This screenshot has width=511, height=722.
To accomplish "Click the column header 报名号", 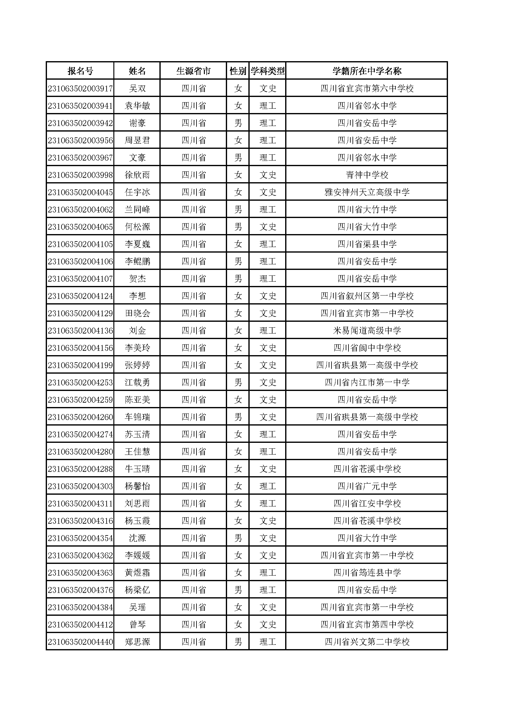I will pyautogui.click(x=80, y=71).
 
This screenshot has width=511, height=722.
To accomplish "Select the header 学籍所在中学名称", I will pyautogui.click(x=367, y=71).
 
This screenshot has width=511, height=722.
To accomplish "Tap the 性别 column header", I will pyautogui.click(x=238, y=71).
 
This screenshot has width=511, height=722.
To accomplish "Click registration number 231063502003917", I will pyautogui.click(x=80, y=88).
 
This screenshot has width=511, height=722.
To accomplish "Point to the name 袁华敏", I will pyautogui.click(x=137, y=106).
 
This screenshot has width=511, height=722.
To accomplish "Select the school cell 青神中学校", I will pyautogui.click(x=367, y=175).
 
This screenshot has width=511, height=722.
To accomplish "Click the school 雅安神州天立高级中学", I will pyautogui.click(x=367, y=192).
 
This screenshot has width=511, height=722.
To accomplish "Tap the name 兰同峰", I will pyautogui.click(x=137, y=209).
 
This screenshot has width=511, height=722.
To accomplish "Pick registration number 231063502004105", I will pyautogui.click(x=80, y=244).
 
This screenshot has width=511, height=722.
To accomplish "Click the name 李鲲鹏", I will pyautogui.click(x=137, y=261).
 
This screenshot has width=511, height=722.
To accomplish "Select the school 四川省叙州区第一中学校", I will pyautogui.click(x=367, y=296).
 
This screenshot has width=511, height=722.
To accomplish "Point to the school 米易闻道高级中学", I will pyautogui.click(x=367, y=330).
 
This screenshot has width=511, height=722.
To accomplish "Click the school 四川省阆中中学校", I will pyautogui.click(x=367, y=348).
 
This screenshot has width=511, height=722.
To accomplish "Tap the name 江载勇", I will pyautogui.click(x=137, y=382).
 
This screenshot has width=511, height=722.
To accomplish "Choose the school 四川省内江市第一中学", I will pyautogui.click(x=367, y=382).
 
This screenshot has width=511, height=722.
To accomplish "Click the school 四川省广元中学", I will pyautogui.click(x=367, y=486).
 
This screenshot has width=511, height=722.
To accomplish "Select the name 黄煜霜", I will pyautogui.click(x=137, y=573).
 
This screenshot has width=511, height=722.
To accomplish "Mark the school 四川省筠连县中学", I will pyautogui.click(x=367, y=573).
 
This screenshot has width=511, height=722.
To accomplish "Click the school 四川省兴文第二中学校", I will pyautogui.click(x=367, y=642).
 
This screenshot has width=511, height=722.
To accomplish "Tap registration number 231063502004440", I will pyautogui.click(x=80, y=642).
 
